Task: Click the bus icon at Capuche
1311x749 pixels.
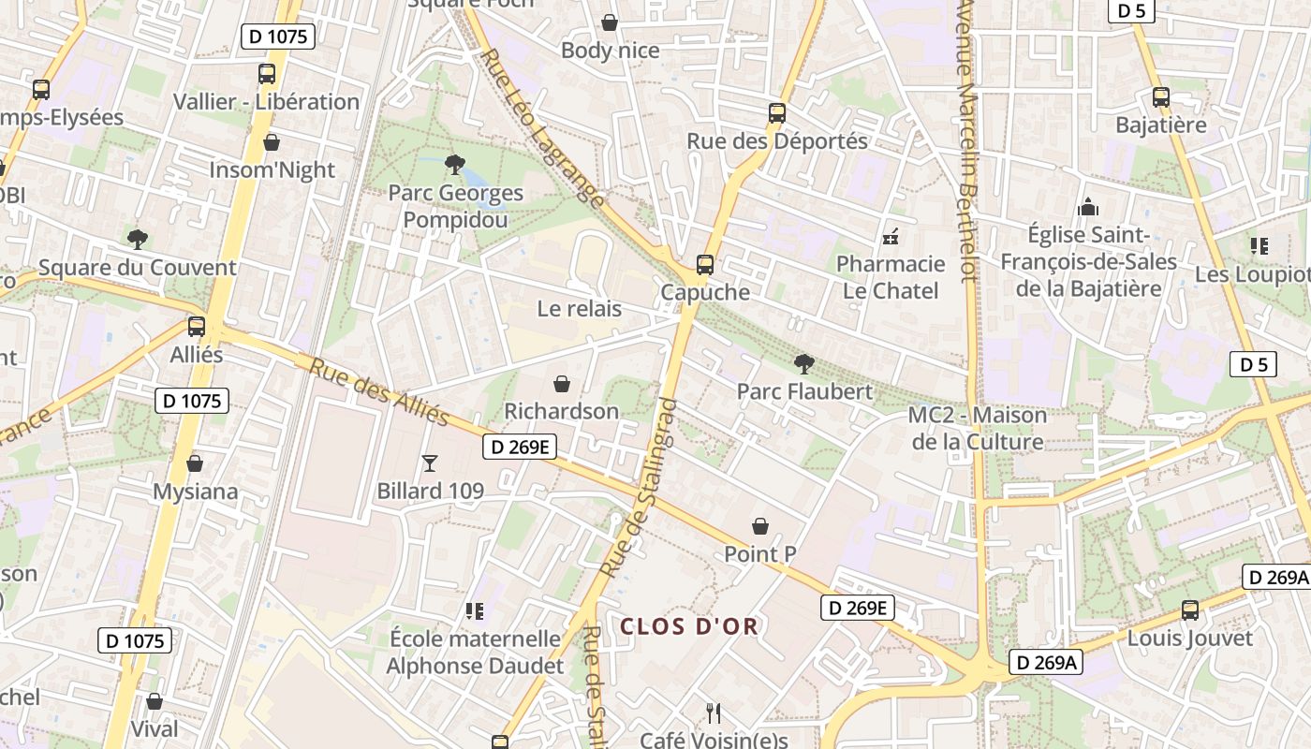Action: pos(704,265)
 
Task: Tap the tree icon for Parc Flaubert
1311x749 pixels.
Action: pos(803,364)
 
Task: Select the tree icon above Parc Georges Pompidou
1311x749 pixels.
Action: pos(455,166)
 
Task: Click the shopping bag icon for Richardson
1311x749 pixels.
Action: pos(562,384)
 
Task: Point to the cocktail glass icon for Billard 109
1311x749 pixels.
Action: pos(430,463)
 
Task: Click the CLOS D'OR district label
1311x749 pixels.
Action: pos(688,626)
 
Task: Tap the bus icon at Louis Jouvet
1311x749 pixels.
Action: pos(1189,610)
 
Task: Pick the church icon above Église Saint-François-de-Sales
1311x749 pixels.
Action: pos(1088,207)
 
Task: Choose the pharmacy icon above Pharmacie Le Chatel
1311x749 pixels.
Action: pos(890,236)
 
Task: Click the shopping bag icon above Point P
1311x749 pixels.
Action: pos(760,527)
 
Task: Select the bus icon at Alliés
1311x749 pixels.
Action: pos(197,327)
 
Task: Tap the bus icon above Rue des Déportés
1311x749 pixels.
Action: pos(776,113)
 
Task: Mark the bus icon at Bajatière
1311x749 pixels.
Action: pos(1161,96)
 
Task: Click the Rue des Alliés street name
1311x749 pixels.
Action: pos(378,392)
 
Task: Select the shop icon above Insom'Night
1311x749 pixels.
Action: pos(272,142)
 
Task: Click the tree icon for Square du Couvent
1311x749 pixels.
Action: pos(138,240)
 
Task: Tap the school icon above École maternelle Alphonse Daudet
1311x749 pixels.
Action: pos(475,611)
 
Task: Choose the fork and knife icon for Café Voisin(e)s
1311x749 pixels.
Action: pos(714,713)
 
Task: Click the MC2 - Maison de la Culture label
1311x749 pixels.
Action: pos(978,428)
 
